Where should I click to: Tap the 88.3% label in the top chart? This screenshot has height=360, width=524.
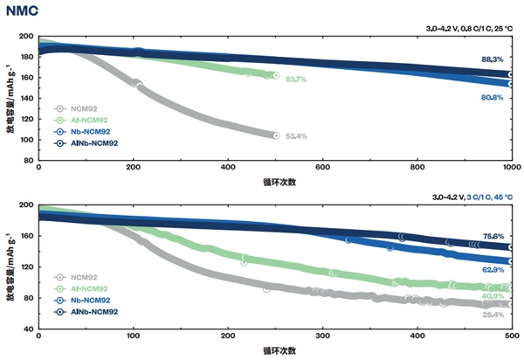(x=492, y=60)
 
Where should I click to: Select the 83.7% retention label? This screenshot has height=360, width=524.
(x=295, y=80)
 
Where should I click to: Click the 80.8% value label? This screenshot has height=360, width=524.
(x=492, y=98)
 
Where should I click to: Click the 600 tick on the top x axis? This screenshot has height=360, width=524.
(x=322, y=167)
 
